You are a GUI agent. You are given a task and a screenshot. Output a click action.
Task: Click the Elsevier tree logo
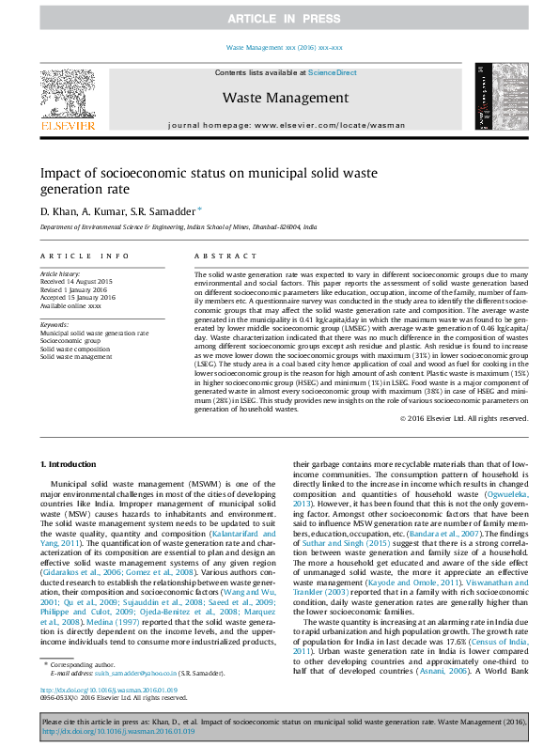click(x=67, y=98)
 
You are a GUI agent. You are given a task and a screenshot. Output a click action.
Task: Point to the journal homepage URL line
click(x=286, y=124)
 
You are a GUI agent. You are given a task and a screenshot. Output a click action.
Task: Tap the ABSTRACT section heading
click(x=218, y=256)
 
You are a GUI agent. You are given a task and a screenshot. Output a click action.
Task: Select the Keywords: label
click(x=54, y=324)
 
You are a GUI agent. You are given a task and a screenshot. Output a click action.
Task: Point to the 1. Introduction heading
click(x=70, y=465)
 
